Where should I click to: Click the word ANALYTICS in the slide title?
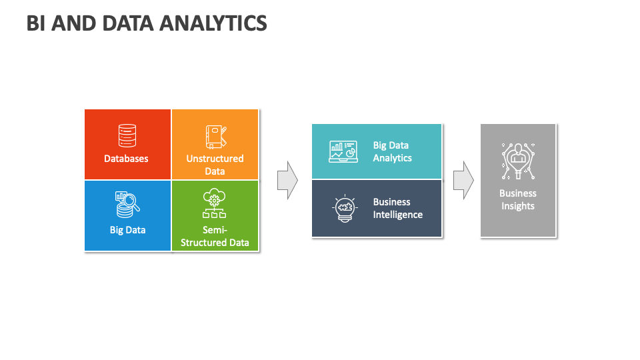[x=213, y=23]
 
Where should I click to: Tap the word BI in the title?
[x=36, y=23]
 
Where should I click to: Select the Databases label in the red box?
[x=126, y=159]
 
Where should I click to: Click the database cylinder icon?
[x=127, y=135]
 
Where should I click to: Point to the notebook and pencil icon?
[x=216, y=137]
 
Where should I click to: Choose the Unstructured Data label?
[x=215, y=165]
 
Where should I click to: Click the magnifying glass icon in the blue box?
[x=127, y=205]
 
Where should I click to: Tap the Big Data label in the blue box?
[x=127, y=230]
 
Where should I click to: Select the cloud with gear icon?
[x=214, y=203]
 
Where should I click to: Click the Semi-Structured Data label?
[x=215, y=236]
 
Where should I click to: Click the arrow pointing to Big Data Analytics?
[x=288, y=180]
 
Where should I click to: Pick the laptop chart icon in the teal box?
[x=343, y=151]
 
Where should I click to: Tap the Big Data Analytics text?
[x=392, y=151]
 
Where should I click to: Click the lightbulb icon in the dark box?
[x=345, y=208]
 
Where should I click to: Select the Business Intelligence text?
[x=397, y=208]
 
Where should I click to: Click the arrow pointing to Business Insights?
[x=464, y=180]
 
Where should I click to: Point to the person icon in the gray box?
[x=518, y=161]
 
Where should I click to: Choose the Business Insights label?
[x=518, y=199]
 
